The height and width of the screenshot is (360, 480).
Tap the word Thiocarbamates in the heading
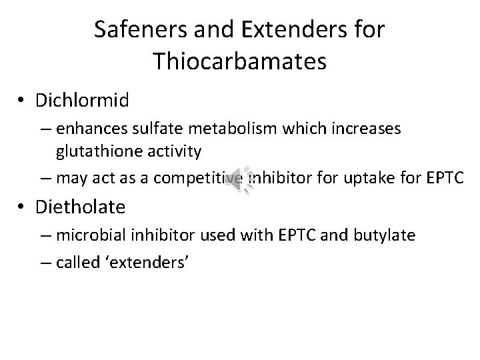(239, 61)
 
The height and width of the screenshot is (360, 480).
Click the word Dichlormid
(86, 101)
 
